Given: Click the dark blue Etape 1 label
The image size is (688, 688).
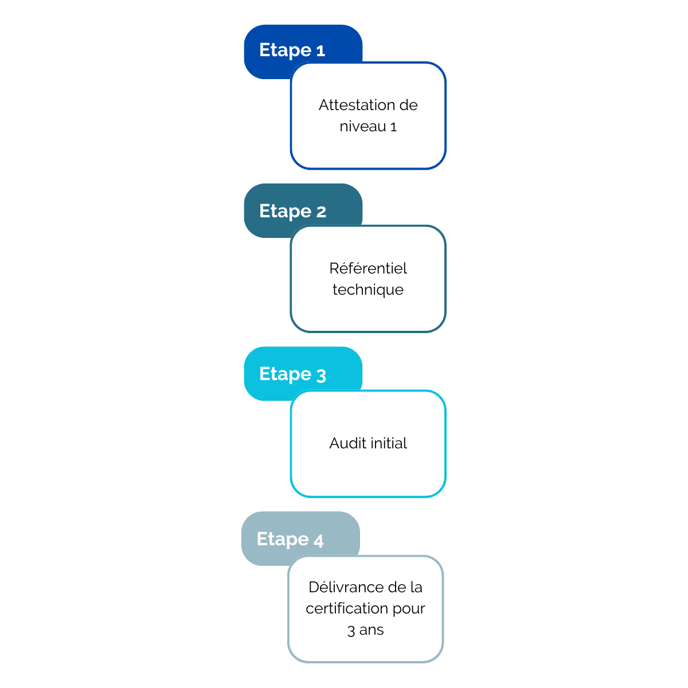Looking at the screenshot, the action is pos(291,50).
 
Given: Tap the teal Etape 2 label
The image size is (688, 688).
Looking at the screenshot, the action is pos(292,211).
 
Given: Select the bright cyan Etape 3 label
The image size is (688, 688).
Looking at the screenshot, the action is pos(292,374).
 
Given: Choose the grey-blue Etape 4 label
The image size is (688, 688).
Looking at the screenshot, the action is pos(290,539).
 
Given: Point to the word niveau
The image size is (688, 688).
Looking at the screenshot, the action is pos(362,126).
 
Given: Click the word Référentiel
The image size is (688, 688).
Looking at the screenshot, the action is pos(368,268).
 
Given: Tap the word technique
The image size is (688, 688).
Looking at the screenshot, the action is pos(368,290).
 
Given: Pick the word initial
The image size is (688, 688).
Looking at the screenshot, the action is pos(389,443).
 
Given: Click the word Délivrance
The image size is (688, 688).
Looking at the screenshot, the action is pos(346,587).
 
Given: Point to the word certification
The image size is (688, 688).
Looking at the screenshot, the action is pos(346,608).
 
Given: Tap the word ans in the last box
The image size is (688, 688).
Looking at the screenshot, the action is pos(371,630).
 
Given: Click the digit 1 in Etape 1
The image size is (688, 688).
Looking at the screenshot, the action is pos(320,50).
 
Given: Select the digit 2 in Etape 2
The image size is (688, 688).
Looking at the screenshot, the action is pos(320,212).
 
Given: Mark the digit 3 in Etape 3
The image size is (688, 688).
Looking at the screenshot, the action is pos(320,376).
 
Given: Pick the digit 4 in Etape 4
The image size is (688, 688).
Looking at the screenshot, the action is pos(318,541).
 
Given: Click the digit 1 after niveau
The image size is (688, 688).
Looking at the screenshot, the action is pos(393,127).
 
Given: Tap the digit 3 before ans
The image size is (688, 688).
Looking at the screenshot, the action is pos(351,631).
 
